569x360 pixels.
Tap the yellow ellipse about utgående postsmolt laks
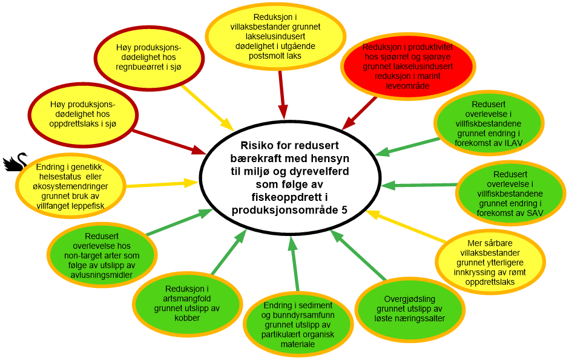tap(275, 36)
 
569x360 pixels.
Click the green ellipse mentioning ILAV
tap(488, 124)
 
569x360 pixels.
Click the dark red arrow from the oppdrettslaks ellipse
tap(169, 140)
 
